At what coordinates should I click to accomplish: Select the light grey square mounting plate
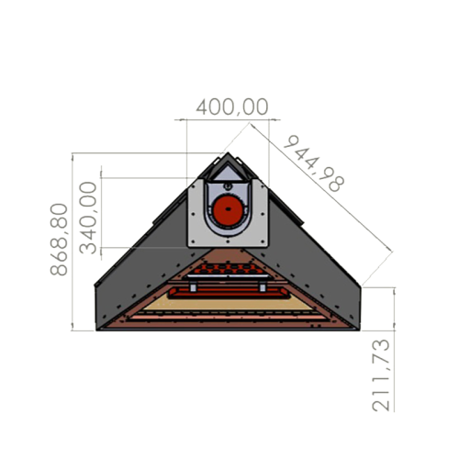point(198,229)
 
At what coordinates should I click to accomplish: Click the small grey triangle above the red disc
point(227,174)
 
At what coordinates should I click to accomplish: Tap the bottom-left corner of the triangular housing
point(97,328)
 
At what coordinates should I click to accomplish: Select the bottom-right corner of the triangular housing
point(358,328)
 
